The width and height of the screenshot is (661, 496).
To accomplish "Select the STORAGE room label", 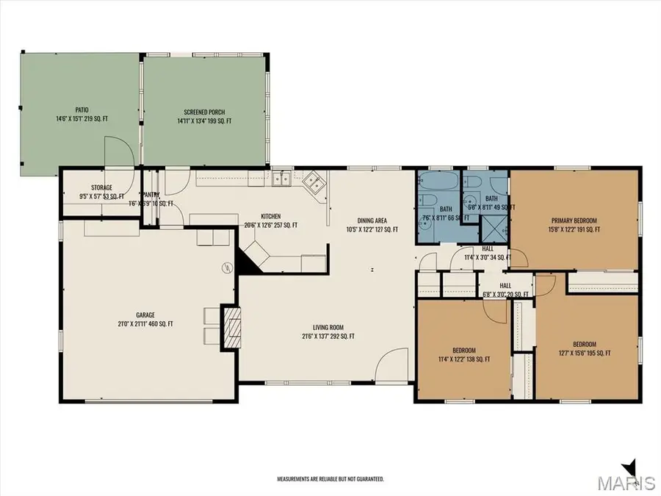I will point(101,188).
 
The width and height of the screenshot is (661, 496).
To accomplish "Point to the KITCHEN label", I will point(270,217).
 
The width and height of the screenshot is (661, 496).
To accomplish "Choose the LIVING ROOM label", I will point(328,328).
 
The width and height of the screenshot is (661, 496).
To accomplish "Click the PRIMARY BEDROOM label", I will point(574,220).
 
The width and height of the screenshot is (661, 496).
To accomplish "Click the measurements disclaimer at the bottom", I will point(330,478).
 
